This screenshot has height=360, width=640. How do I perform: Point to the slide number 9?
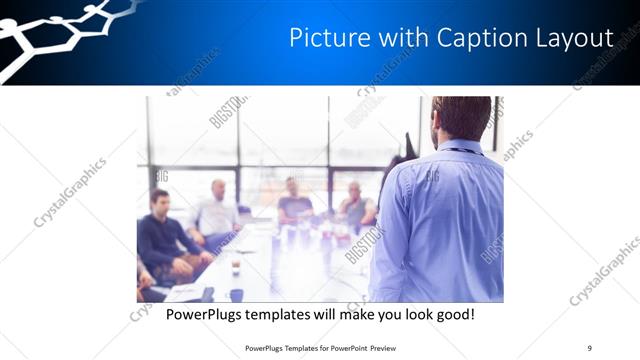[x=589, y=347]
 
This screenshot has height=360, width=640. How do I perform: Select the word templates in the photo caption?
[x=290, y=314]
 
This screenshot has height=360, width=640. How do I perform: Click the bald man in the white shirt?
[x=218, y=210]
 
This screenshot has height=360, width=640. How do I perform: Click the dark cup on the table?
[x=236, y=293]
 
